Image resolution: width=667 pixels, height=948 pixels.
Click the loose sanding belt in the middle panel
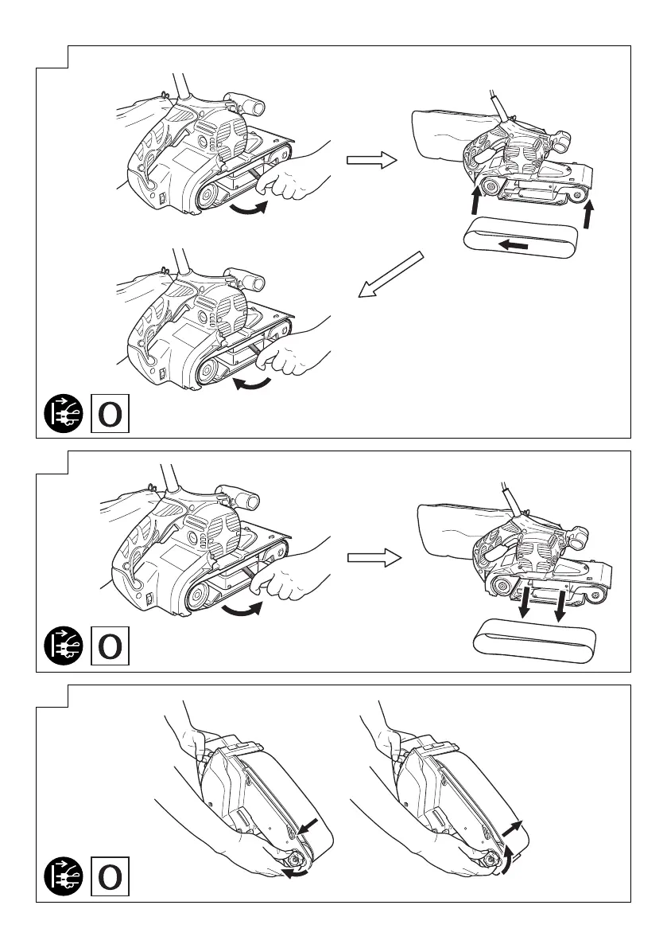[534, 641]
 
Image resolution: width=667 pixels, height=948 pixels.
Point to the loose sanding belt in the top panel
[522, 242]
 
